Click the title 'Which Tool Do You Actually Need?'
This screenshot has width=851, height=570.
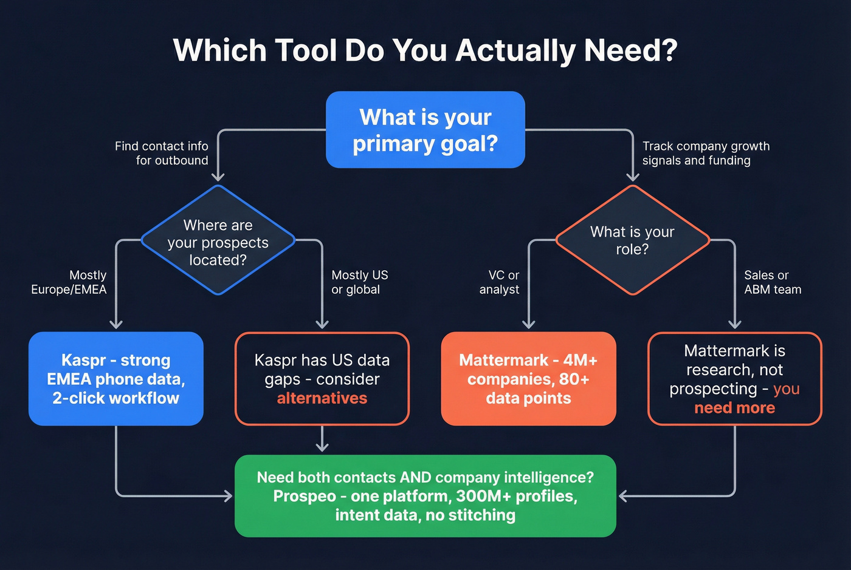pyautogui.click(x=425, y=50)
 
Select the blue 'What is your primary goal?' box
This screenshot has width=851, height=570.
pyautogui.click(x=425, y=130)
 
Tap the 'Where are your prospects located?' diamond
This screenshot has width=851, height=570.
pyautogui.click(x=218, y=242)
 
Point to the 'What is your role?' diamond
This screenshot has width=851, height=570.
pyautogui.click(x=632, y=240)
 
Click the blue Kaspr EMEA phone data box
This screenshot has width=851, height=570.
pyautogui.click(x=116, y=379)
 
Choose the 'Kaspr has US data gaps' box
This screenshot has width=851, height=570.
pyautogui.click(x=322, y=379)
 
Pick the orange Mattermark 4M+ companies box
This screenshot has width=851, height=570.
pyautogui.click(x=528, y=379)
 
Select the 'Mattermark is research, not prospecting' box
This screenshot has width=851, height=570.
pyautogui.click(x=734, y=379)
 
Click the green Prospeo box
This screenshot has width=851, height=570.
pyautogui.click(x=425, y=496)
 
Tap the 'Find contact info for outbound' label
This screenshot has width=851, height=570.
pyautogui.click(x=162, y=153)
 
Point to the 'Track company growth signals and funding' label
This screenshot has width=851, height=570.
pyautogui.click(x=706, y=153)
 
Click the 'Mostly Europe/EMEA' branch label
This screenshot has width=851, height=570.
pyautogui.click(x=69, y=282)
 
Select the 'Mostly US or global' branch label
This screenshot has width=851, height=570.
pyautogui.click(x=359, y=282)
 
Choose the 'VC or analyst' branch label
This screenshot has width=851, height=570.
pyautogui.click(x=500, y=282)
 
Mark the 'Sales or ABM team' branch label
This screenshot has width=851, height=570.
pyautogui.click(x=772, y=282)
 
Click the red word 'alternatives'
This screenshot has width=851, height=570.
pyautogui.click(x=322, y=398)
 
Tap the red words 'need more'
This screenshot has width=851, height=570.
pyautogui.click(x=734, y=408)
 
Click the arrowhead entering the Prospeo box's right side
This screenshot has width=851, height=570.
pyautogui.click(x=622, y=496)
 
